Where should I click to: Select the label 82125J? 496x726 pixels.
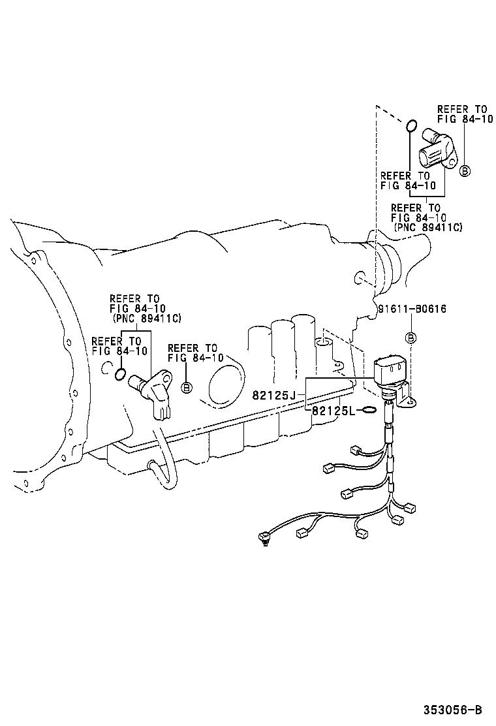274,395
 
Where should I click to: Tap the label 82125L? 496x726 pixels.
333,411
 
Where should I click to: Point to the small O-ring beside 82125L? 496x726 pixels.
367,410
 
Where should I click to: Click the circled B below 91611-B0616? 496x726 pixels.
411,338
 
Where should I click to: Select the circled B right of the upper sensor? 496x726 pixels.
465,171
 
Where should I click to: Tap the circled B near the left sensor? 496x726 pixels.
186,388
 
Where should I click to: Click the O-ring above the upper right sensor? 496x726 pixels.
411,125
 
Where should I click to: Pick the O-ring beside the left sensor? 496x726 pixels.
119,373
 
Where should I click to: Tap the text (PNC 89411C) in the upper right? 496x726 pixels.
428,227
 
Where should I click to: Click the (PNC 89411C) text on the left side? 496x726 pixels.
147,318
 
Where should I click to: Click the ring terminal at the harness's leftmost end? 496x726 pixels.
262,539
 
